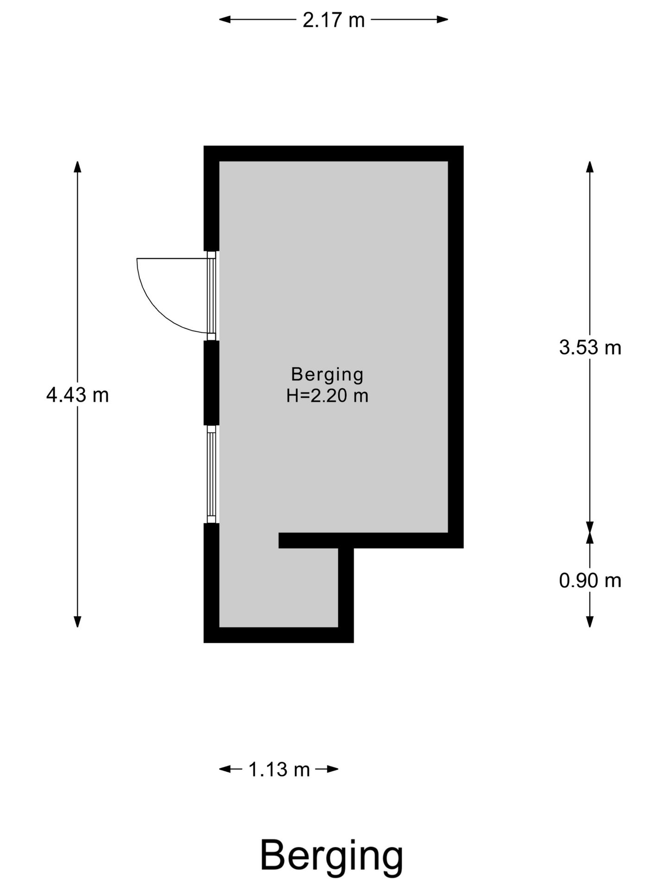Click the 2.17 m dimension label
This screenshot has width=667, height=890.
click(333, 20)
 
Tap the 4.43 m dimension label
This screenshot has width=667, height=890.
click(77, 395)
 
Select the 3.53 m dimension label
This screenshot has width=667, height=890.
click(590, 347)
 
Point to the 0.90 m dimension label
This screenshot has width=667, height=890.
click(590, 580)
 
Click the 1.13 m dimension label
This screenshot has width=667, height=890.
click(279, 769)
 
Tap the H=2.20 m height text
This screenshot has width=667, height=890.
click(327, 396)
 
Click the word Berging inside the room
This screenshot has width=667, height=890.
click(327, 375)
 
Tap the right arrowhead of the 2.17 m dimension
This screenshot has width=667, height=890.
click(442, 19)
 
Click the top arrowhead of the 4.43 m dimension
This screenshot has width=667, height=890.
click(77, 167)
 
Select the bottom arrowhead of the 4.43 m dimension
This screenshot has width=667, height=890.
click(77, 622)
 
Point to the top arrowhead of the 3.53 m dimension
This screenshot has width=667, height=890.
click(590, 167)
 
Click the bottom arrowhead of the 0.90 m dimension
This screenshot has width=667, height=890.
click(590, 622)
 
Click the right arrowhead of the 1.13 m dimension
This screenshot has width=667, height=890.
click(333, 769)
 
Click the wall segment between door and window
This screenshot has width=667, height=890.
click(211, 383)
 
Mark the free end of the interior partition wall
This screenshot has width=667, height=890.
click(279, 540)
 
